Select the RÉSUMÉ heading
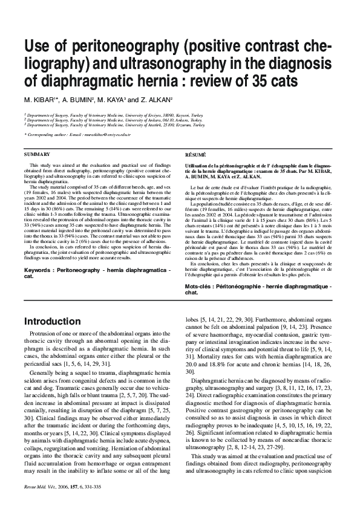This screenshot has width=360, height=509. (x=195, y=155)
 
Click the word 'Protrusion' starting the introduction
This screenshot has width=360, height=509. (x=42, y=334)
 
